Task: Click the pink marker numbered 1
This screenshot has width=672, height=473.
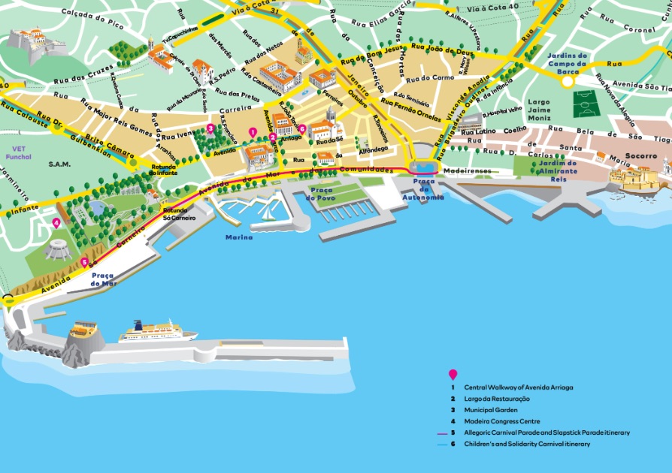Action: [x=253, y=132]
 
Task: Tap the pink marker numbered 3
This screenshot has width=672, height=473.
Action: [x=210, y=128]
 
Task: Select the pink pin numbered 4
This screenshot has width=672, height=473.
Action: [x=56, y=223]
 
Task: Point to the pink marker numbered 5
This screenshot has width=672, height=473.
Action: [x=84, y=262]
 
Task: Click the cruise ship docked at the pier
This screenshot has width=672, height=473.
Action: [x=157, y=332]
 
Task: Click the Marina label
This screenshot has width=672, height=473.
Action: [x=238, y=237]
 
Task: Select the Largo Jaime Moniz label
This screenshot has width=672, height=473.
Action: [x=539, y=110]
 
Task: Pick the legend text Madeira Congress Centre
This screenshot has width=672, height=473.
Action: [x=498, y=421]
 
